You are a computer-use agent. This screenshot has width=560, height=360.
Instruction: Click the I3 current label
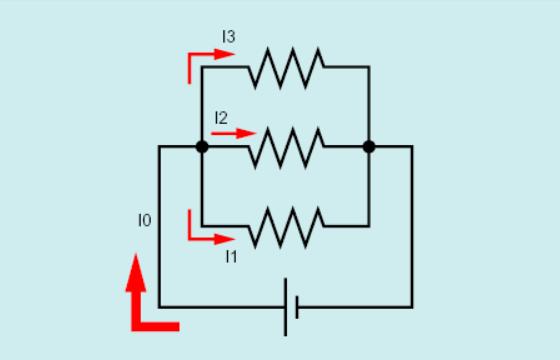[229, 37]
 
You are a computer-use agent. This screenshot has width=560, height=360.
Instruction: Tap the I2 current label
[221, 118]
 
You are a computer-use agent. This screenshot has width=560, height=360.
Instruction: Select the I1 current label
[231, 257]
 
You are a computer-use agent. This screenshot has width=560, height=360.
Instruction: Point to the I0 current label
[145, 220]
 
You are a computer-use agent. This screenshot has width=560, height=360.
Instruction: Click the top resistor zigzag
[286, 68]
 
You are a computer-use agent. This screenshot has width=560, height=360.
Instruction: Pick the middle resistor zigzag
[286, 148]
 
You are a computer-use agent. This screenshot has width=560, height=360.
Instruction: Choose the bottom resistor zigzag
[286, 227]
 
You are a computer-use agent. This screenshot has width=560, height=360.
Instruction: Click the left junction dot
[202, 147]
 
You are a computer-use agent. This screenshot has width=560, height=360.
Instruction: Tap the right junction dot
[369, 147]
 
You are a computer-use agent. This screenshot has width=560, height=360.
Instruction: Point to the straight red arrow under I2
[234, 134]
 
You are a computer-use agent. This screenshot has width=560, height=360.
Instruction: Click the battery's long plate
[285, 307]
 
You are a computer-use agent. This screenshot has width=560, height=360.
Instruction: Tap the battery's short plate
[297, 307]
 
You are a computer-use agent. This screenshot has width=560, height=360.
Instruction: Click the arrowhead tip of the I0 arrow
[136, 254]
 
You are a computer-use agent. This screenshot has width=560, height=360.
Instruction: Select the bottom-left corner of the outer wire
[160, 307]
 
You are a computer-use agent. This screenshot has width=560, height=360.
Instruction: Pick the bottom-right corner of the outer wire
[412, 307]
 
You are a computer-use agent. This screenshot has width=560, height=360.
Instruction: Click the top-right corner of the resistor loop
[369, 67]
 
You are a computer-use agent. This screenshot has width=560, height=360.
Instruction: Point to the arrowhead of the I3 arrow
[225, 54]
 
